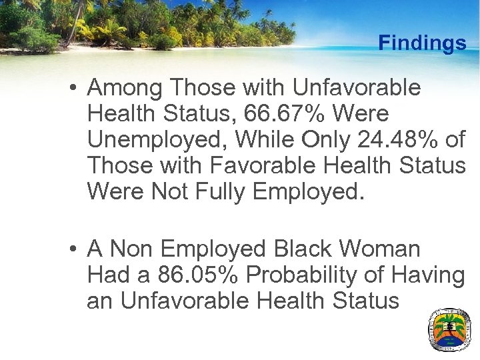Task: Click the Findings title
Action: click(x=422, y=43)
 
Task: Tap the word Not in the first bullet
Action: click(x=170, y=191)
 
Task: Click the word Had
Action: click(x=109, y=275)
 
